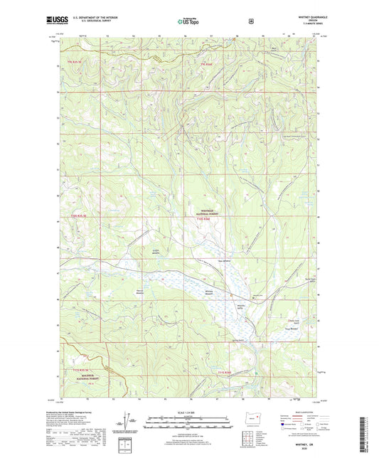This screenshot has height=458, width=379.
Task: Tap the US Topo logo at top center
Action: tap(189, 21)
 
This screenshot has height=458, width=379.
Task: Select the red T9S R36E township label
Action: tap(205, 65)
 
